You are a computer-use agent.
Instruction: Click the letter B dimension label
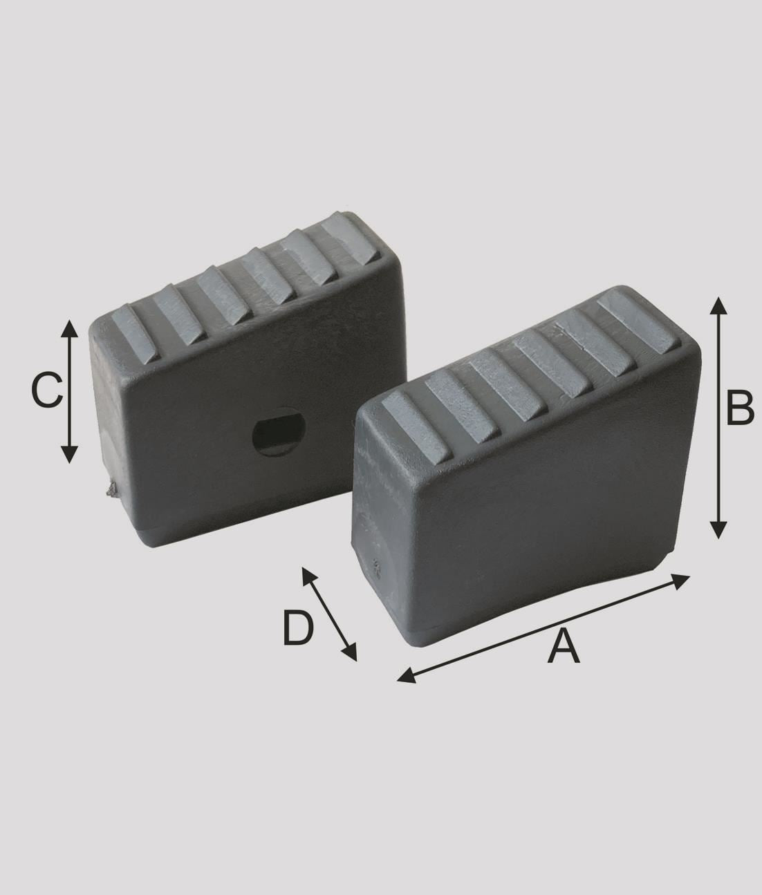[x=740, y=408]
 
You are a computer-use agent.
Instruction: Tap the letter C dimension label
[x=47, y=391]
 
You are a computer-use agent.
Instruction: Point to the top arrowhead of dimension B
[x=718, y=305]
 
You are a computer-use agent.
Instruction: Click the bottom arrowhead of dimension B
[x=718, y=529]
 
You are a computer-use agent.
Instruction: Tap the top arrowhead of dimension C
[x=69, y=329]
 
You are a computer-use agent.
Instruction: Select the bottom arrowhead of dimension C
[x=69, y=455]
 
